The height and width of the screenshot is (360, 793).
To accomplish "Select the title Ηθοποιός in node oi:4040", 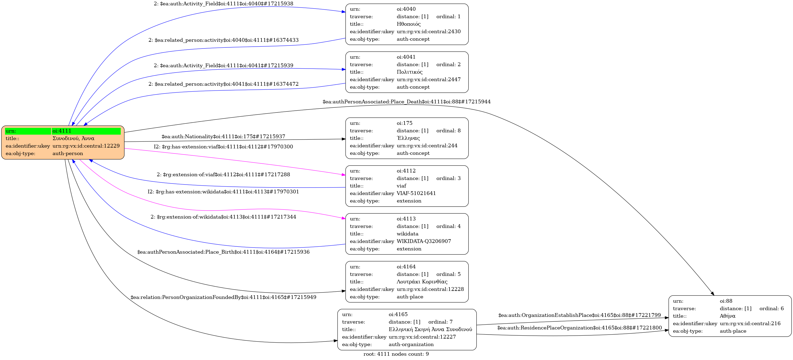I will tap(409, 24).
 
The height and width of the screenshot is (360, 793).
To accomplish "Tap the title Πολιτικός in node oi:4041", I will tap(409, 72).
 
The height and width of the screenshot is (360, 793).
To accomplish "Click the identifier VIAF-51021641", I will tap(416, 193).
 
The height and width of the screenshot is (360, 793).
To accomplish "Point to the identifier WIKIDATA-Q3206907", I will tap(424, 241).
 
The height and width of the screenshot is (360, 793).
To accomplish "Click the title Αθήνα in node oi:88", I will tap(727, 316).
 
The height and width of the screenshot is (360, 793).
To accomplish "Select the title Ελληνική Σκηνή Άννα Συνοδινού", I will tap(430, 329).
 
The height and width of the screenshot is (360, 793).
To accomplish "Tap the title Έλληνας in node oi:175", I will tap(408, 138).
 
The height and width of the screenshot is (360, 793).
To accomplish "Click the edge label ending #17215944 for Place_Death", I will tap(406, 102).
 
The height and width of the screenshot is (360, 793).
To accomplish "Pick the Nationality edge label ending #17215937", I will tap(223, 137).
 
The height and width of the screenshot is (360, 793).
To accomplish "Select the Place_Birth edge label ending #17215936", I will tap(223, 252).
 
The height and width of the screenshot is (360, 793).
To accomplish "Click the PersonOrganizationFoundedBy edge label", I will tap(223, 297).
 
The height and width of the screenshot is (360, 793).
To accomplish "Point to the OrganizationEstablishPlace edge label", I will tap(579, 315).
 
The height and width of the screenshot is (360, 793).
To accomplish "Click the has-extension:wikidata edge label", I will tap(223, 192).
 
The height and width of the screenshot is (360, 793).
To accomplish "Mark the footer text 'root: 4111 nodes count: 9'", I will tap(396, 354).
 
